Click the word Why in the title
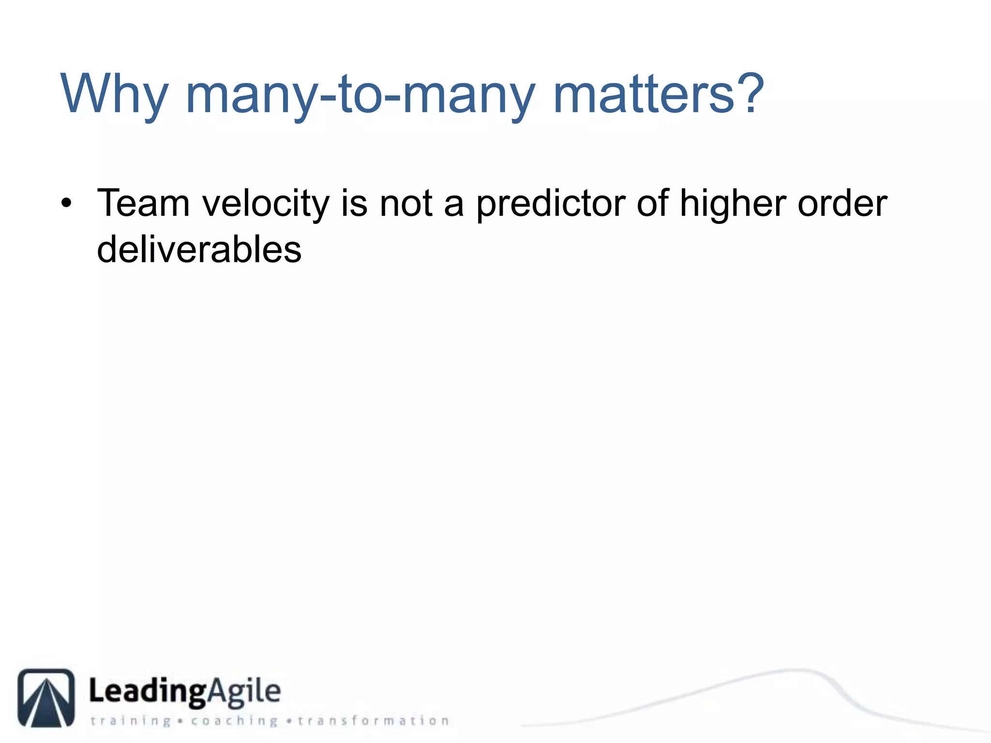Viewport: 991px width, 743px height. coord(114,94)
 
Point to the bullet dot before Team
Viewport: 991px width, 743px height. coord(66,203)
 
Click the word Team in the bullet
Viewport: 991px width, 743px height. coord(143,203)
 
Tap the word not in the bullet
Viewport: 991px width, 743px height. coord(405,203)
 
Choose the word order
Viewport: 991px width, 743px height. coord(842,203)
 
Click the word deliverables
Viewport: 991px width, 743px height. coord(199,249)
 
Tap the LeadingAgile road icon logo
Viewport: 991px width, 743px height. coord(46,698)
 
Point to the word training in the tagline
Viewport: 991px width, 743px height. coord(131,721)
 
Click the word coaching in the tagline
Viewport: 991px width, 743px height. coord(234,721)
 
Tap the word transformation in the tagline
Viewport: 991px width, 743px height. coord(373,721)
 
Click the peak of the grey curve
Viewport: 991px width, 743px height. coord(794,670)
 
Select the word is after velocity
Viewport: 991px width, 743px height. coord(354,203)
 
